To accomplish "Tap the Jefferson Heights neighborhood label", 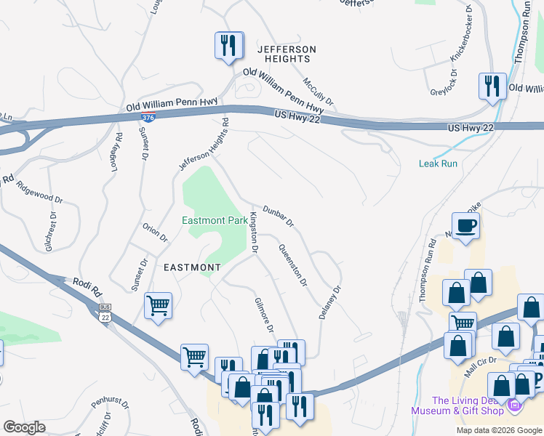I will point(287,54).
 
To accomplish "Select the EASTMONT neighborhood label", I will point(191,267).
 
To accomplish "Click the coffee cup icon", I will point(465,226).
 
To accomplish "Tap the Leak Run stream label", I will point(438,163).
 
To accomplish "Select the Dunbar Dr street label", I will point(278,214).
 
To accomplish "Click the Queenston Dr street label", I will point(293,265).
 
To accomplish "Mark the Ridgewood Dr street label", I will point(40,190).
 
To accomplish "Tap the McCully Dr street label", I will point(319,92).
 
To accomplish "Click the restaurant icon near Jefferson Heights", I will point(228,46).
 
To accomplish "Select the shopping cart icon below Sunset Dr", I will point(158,306).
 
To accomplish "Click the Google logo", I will point(24,427).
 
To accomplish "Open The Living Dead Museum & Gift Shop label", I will point(468,405).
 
